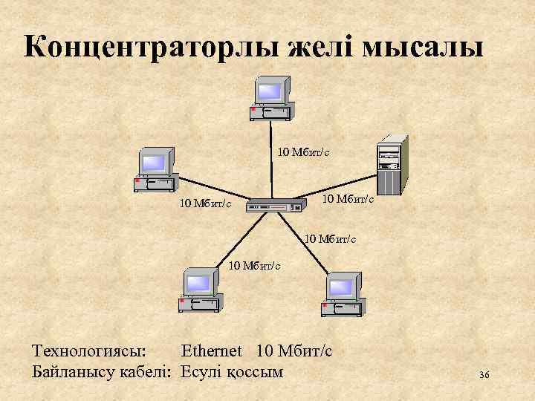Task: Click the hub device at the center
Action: pyautogui.click(x=276, y=205)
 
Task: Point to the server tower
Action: pyautogui.click(x=390, y=164)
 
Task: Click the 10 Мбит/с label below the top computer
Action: pyautogui.click(x=303, y=152)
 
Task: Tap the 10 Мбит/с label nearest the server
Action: pyautogui.click(x=348, y=199)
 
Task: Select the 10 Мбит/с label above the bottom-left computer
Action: pyautogui.click(x=254, y=264)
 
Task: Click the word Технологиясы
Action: pyautogui.click(x=90, y=350)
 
